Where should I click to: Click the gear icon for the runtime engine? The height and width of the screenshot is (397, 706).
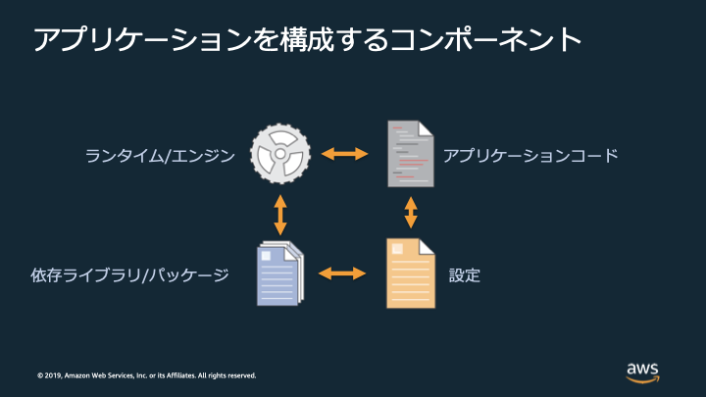coord(279,154)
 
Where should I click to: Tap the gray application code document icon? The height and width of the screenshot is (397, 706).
coord(411,154)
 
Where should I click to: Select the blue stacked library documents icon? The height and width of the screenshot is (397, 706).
coord(280,273)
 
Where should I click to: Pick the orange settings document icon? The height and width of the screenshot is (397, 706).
coord(411,273)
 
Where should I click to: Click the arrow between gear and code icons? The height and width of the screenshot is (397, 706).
coord(344,154)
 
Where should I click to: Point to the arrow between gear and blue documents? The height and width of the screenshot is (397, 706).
coord(280,213)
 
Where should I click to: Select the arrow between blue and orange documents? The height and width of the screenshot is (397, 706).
coord(342,273)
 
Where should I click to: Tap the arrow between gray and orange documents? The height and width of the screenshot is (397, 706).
coord(411,213)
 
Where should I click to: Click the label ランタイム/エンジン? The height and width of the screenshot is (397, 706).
coord(160,155)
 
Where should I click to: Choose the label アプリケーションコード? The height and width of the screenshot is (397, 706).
coord(530,155)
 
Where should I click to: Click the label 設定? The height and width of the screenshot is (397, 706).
coord(464,274)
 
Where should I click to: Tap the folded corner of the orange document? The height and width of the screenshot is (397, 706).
coord(427,246)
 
